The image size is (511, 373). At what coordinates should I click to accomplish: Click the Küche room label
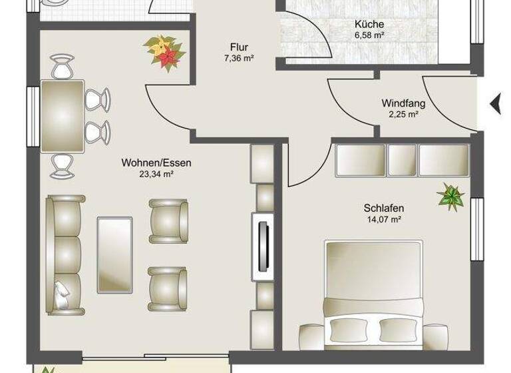click(x=369, y=24)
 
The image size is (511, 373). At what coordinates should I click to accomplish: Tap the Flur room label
click(x=239, y=47)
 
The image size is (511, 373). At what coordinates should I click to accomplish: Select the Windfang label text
click(x=403, y=103)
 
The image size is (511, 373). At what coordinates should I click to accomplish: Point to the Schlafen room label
click(x=384, y=208)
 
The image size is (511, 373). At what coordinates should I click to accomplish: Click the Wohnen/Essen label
click(x=147, y=163)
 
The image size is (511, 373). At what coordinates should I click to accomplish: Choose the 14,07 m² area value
click(x=384, y=219)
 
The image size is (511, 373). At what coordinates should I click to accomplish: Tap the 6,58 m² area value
click(x=369, y=35)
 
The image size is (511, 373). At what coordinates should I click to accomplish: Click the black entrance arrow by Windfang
click(x=494, y=103)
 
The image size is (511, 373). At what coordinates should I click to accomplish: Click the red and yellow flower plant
click(x=164, y=51)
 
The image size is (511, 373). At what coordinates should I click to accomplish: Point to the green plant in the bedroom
click(x=450, y=195)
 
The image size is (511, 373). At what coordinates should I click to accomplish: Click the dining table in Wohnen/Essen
click(x=63, y=116)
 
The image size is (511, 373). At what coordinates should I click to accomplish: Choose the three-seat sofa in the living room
click(x=65, y=254)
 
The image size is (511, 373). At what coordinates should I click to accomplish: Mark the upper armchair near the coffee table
click(x=168, y=219)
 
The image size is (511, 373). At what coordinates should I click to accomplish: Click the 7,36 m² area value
click(x=239, y=59)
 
